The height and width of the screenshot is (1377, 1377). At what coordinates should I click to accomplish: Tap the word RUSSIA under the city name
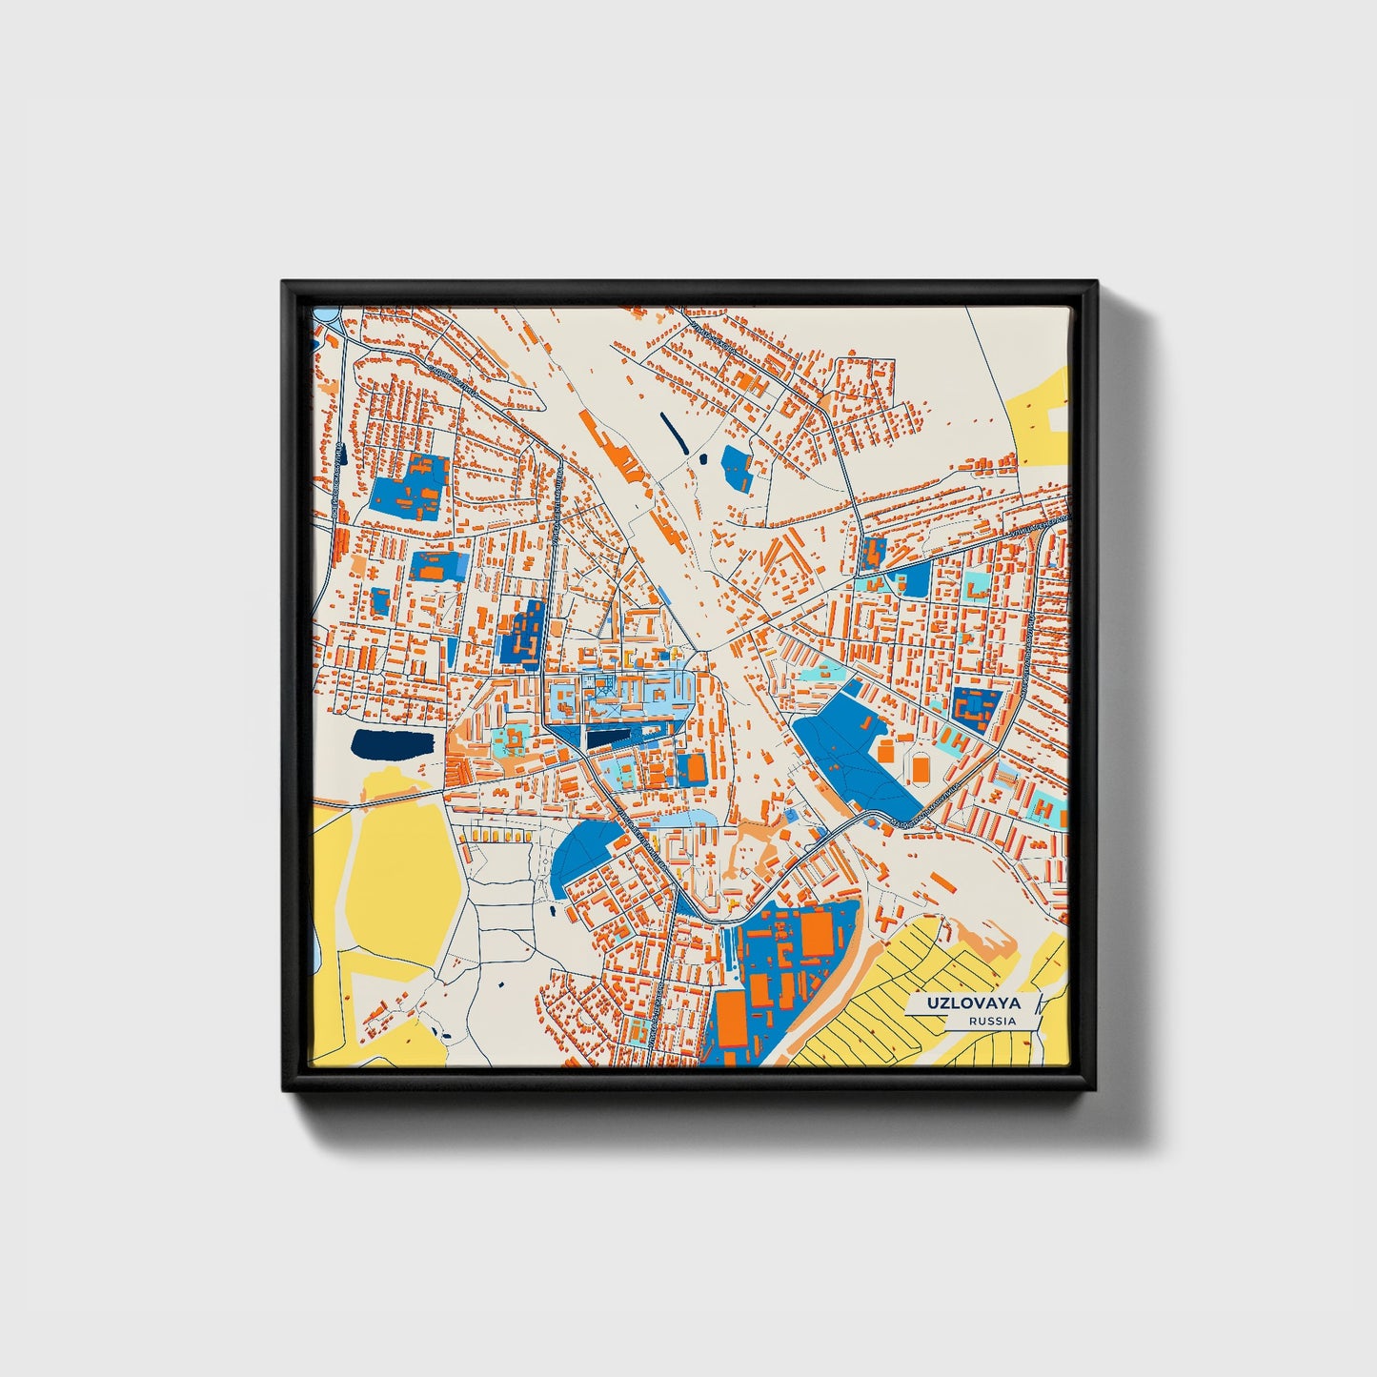pyautogui.click(x=991, y=1021)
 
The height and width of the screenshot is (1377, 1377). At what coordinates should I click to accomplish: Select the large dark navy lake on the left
pyautogui.click(x=390, y=744)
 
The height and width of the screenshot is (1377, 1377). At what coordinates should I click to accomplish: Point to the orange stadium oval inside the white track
pyautogui.click(x=921, y=766)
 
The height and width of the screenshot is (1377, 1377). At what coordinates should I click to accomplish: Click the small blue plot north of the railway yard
pyautogui.click(x=737, y=468)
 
